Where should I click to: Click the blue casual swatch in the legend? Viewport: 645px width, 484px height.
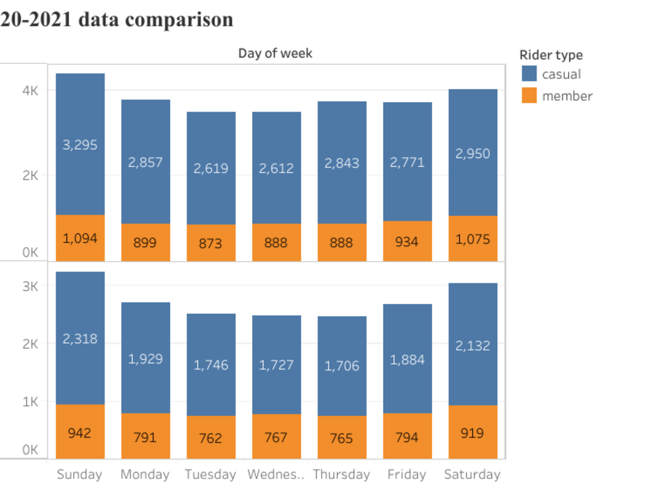(528, 74)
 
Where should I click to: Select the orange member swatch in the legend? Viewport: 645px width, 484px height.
(528, 96)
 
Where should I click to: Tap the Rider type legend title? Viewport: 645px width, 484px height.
(551, 55)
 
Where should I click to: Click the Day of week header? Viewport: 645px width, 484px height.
(275, 53)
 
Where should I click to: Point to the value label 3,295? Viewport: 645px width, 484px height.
(80, 145)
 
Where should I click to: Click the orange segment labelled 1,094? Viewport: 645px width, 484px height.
(80, 238)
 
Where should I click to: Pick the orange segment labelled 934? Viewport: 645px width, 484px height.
(407, 241)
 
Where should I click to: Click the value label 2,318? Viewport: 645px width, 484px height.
(80, 338)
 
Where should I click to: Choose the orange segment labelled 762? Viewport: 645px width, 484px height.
(211, 438)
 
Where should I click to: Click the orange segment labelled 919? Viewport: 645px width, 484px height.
(473, 432)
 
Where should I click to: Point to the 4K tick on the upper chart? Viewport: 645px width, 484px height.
(30, 90)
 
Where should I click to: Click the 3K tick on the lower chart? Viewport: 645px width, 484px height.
(30, 286)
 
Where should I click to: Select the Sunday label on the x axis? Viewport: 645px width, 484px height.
(79, 474)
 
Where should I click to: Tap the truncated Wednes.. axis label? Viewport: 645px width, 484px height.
(276, 474)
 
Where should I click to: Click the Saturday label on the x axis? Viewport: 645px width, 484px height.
(473, 474)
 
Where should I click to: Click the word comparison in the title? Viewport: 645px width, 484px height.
(179, 19)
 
